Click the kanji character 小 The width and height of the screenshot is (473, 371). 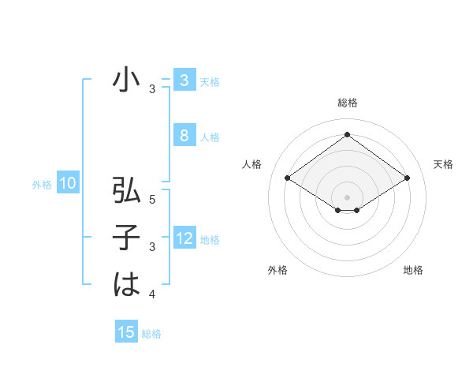pyautogui.click(x=126, y=81)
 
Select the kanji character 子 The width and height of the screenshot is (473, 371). pyautogui.click(x=126, y=238)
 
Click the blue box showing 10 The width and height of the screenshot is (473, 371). pyautogui.click(x=67, y=185)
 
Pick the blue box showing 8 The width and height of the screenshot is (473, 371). pyautogui.click(x=184, y=136)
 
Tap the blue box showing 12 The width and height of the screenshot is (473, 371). pyautogui.click(x=184, y=238)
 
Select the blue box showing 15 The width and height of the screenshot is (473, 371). pyautogui.click(x=126, y=332)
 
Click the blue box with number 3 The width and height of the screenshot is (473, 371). pyautogui.click(x=184, y=81)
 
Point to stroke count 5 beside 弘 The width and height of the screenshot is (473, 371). pyautogui.click(x=152, y=200)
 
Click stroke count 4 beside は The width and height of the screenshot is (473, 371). pyautogui.click(x=152, y=294)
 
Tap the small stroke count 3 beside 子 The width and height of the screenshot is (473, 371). pyautogui.click(x=152, y=247)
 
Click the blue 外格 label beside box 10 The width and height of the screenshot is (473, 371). pyautogui.click(x=42, y=185)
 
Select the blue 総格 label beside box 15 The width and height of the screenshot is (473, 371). pyautogui.click(x=151, y=334)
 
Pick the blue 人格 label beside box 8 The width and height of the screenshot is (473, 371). pyautogui.click(x=210, y=137)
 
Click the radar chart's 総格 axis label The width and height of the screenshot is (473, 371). pyautogui.click(x=347, y=103)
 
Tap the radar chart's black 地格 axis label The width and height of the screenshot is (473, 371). pyautogui.click(x=413, y=270)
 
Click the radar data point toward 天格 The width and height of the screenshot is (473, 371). pyautogui.click(x=407, y=178)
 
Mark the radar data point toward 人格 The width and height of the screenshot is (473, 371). pyautogui.click(x=287, y=178)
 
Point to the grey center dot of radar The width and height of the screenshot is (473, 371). pyautogui.click(x=347, y=196)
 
